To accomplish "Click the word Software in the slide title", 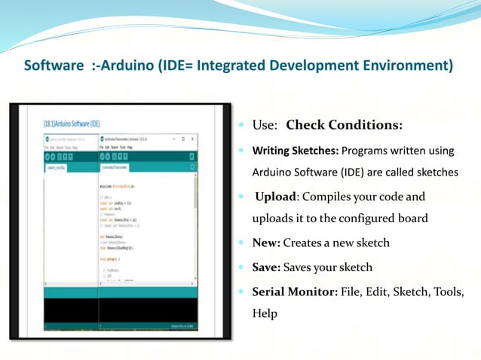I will (x=52, y=66).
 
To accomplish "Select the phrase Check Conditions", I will (x=344, y=125).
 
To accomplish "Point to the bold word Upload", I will (x=277, y=197).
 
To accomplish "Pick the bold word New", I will (x=266, y=243).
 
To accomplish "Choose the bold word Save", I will (x=268, y=267).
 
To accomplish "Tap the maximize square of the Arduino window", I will (x=182, y=139).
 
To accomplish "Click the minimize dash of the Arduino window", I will (x=173, y=139).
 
